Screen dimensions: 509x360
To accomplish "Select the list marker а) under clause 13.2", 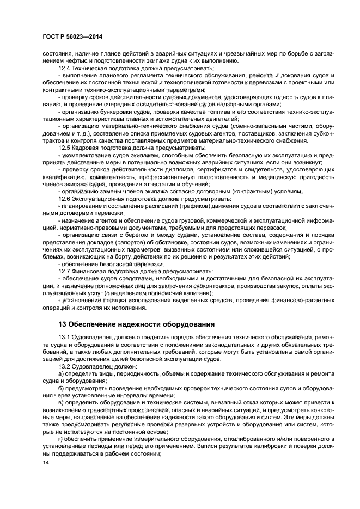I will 61,374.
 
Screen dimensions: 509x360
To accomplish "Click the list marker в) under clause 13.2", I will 61,402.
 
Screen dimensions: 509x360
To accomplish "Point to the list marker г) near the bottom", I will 60,438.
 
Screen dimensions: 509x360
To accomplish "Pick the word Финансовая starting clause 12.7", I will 91,271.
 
